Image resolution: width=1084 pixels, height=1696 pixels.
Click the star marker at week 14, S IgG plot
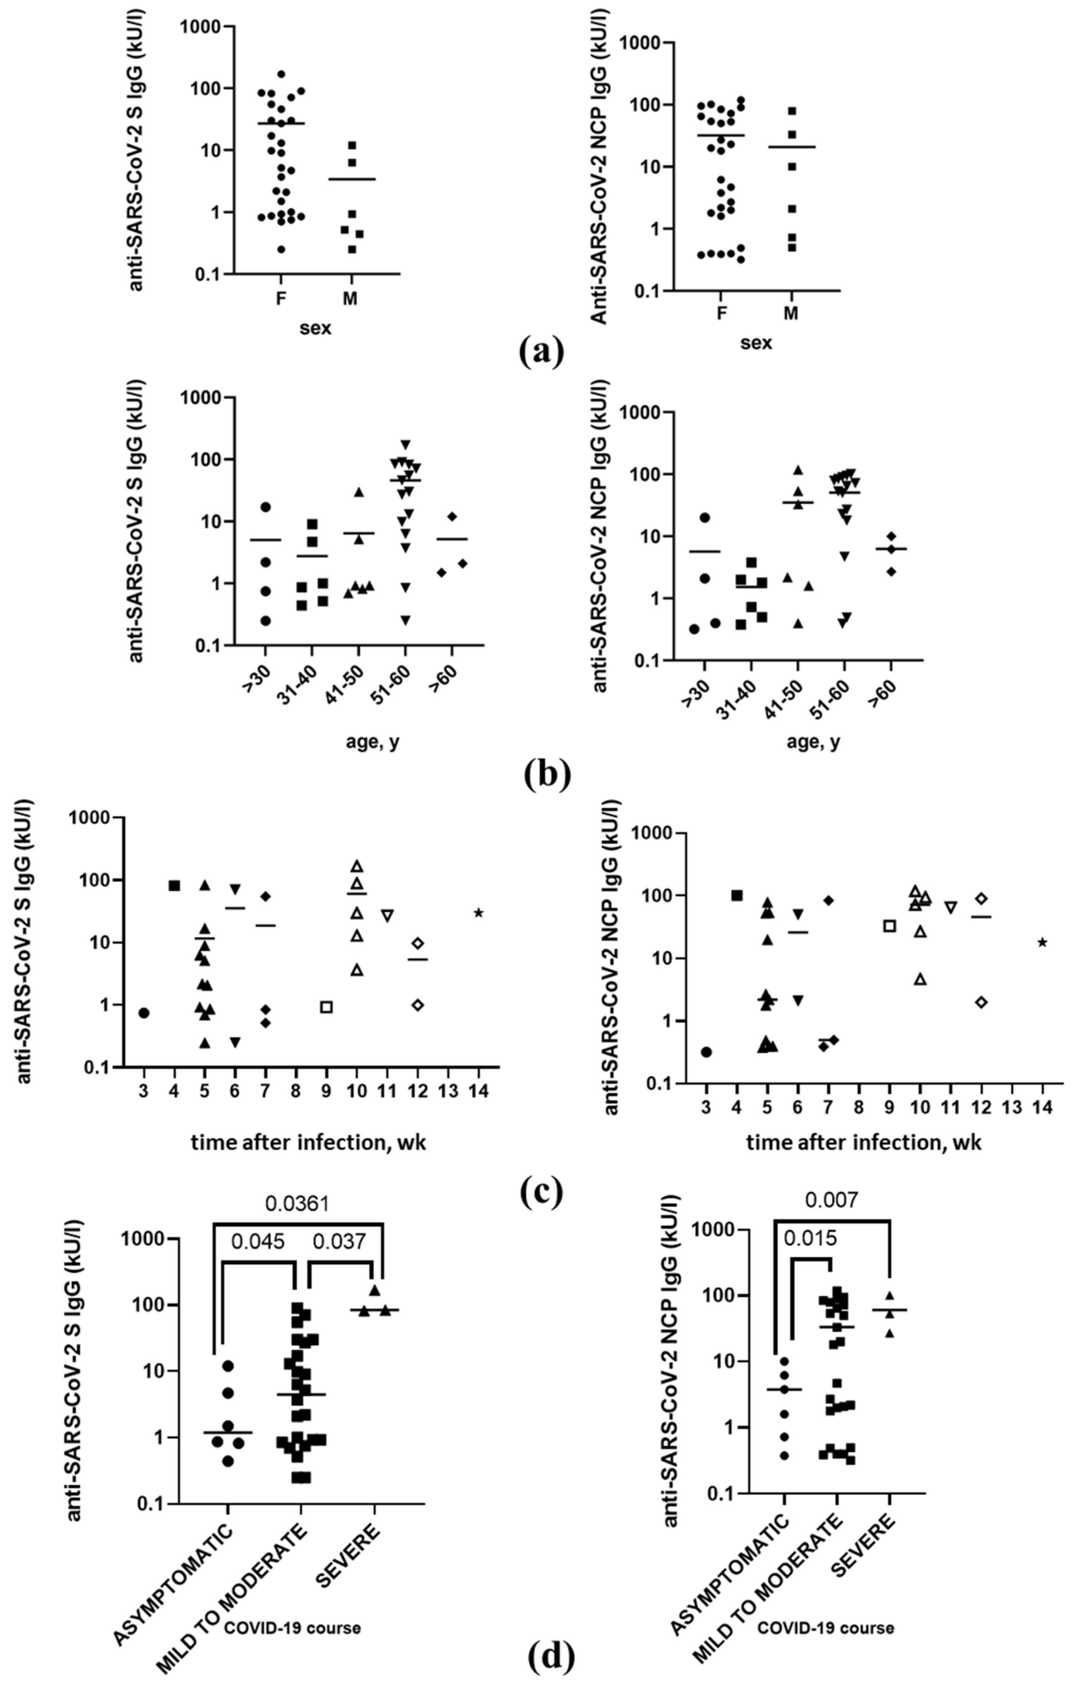pos(479,913)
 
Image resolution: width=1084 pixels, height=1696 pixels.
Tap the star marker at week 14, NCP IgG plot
pos(1042,942)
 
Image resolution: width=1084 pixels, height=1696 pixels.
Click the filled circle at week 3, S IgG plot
pos(144,1013)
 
